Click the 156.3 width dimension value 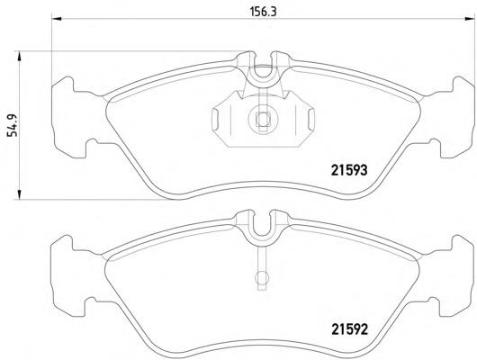pos(263,13)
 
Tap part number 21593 pos(349,170)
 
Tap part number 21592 pos(349,329)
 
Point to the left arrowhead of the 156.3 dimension pos(57,19)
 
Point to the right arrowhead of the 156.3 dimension pos(469,19)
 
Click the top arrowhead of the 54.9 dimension pos(19,57)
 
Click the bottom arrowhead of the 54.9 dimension pos(19,194)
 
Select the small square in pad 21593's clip pos(262,119)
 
